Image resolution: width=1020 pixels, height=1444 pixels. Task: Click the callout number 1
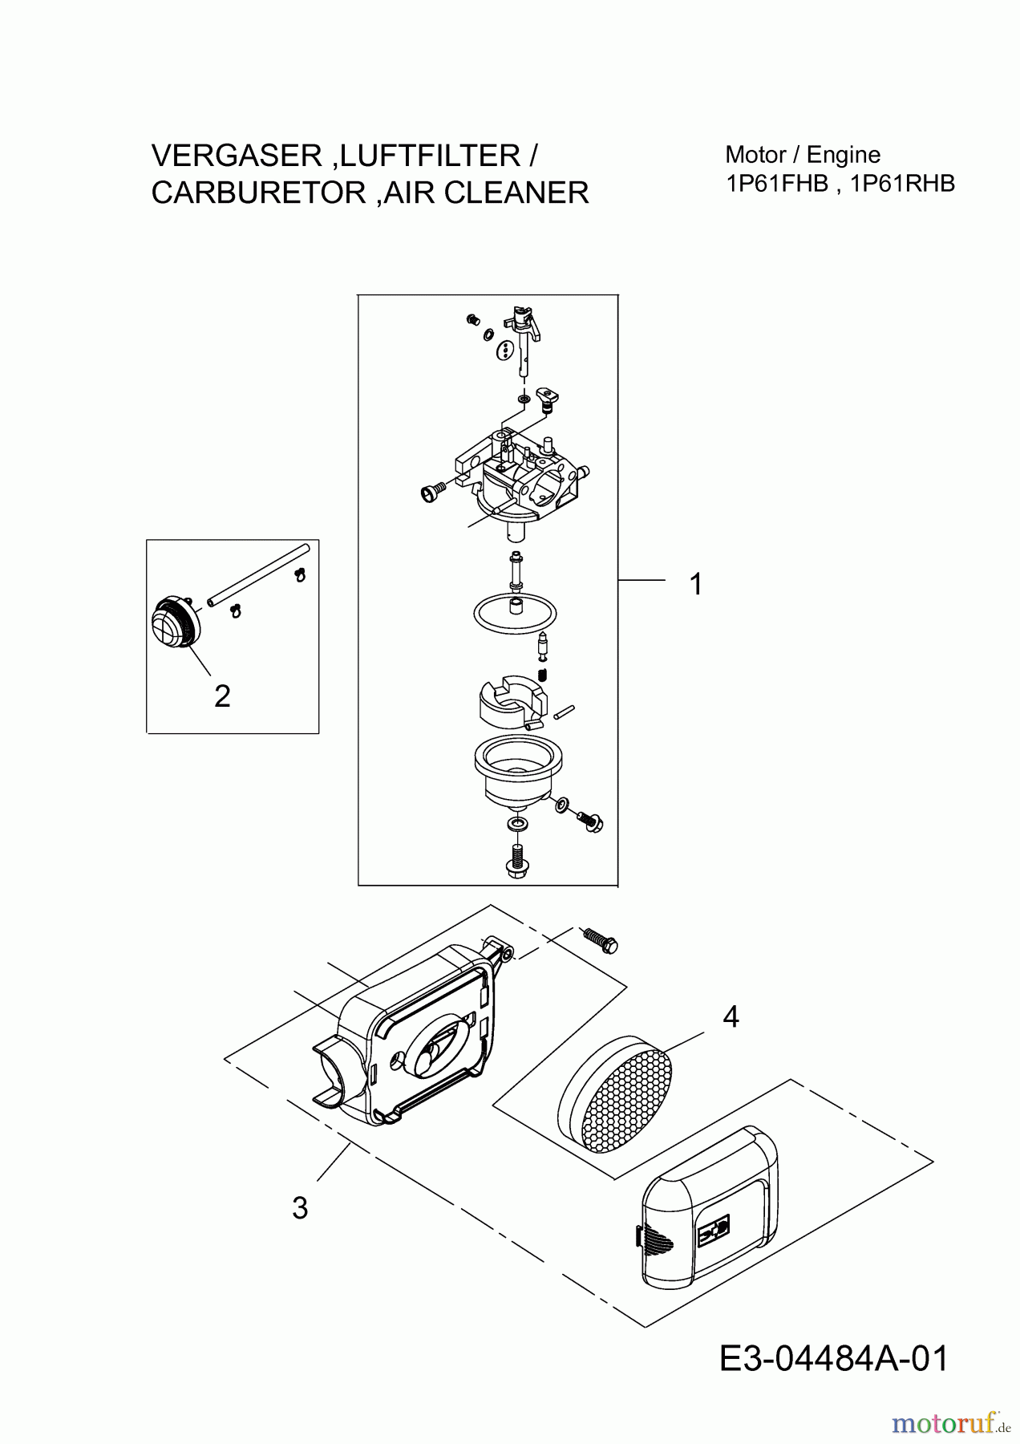click(x=696, y=584)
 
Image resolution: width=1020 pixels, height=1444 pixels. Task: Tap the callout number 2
click(x=222, y=696)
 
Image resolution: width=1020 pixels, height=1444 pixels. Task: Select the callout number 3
click(x=300, y=1208)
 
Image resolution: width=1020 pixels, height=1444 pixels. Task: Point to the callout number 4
click(x=730, y=1017)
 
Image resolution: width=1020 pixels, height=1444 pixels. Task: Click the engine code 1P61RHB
click(x=903, y=184)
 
